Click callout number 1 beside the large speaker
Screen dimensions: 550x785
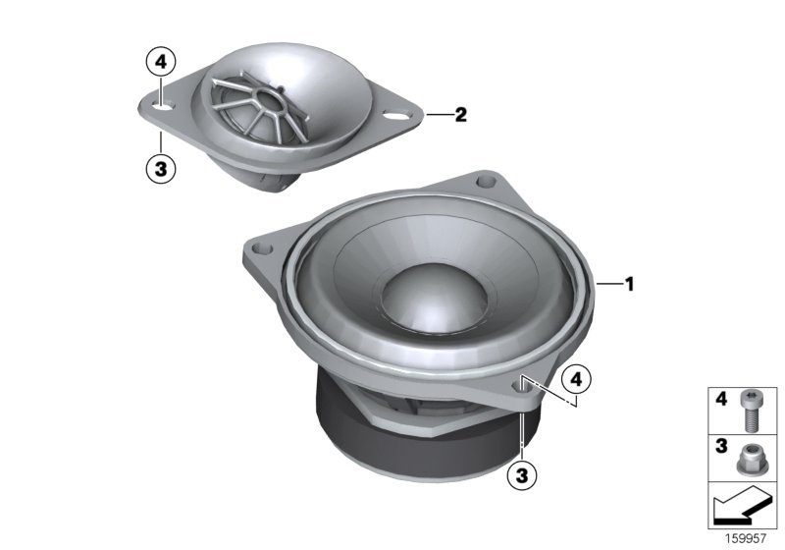pyautogui.click(x=630, y=285)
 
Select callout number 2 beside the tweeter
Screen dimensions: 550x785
pyautogui.click(x=460, y=115)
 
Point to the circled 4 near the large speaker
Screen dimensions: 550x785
pyautogui.click(x=577, y=377)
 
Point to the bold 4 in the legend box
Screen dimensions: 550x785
pyautogui.click(x=719, y=401)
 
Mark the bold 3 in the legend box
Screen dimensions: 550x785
pyautogui.click(x=719, y=447)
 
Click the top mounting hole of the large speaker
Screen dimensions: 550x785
pyautogui.click(x=483, y=182)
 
